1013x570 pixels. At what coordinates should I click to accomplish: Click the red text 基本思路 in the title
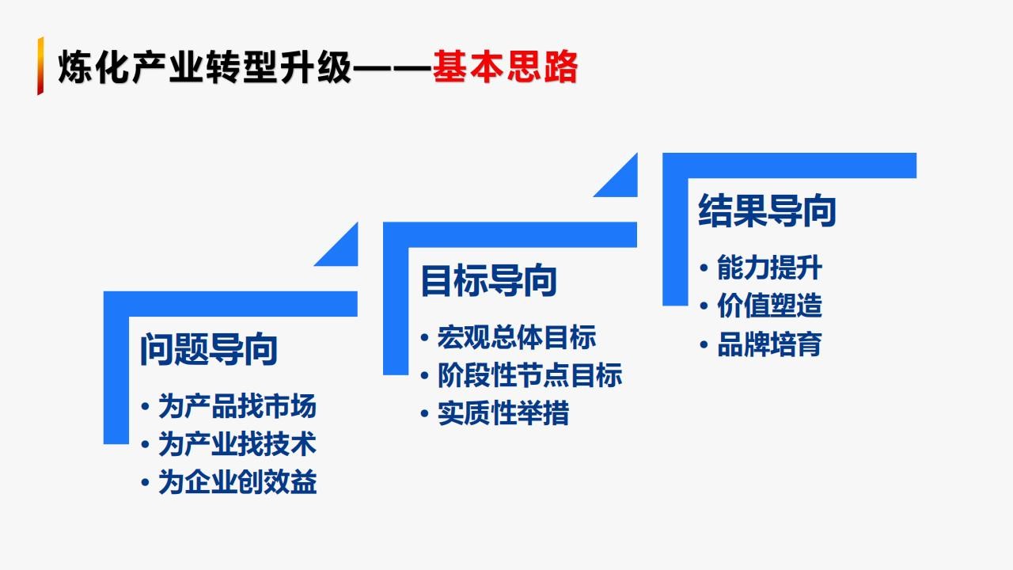[505, 67]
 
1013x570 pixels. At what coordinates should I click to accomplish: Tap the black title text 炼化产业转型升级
[205, 67]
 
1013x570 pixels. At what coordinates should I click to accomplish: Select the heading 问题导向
[209, 349]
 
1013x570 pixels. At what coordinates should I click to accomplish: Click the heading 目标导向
[488, 281]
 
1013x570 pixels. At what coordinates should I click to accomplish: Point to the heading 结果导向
[767, 211]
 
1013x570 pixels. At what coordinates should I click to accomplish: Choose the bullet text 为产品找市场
[237, 406]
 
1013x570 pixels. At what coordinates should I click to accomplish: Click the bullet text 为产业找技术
[237, 444]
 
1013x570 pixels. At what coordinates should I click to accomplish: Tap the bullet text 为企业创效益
[237, 482]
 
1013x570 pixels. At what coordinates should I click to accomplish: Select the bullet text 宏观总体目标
[517, 337]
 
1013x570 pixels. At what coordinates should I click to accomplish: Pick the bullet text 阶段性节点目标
[529, 375]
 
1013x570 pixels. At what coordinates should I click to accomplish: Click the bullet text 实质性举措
[503, 412]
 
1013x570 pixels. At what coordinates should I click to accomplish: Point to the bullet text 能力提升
[769, 268]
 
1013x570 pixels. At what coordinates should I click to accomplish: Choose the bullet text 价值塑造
[769, 306]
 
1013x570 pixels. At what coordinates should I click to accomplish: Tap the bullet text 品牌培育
[769, 344]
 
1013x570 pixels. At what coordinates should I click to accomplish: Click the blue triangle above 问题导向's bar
[343, 252]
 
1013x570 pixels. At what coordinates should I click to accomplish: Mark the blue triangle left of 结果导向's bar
[623, 182]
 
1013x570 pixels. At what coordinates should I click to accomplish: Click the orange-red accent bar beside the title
[40, 66]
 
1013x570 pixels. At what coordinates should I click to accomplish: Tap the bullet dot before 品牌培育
[704, 344]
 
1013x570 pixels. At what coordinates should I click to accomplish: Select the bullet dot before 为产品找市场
[145, 406]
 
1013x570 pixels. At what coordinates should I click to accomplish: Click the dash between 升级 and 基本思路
[392, 69]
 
